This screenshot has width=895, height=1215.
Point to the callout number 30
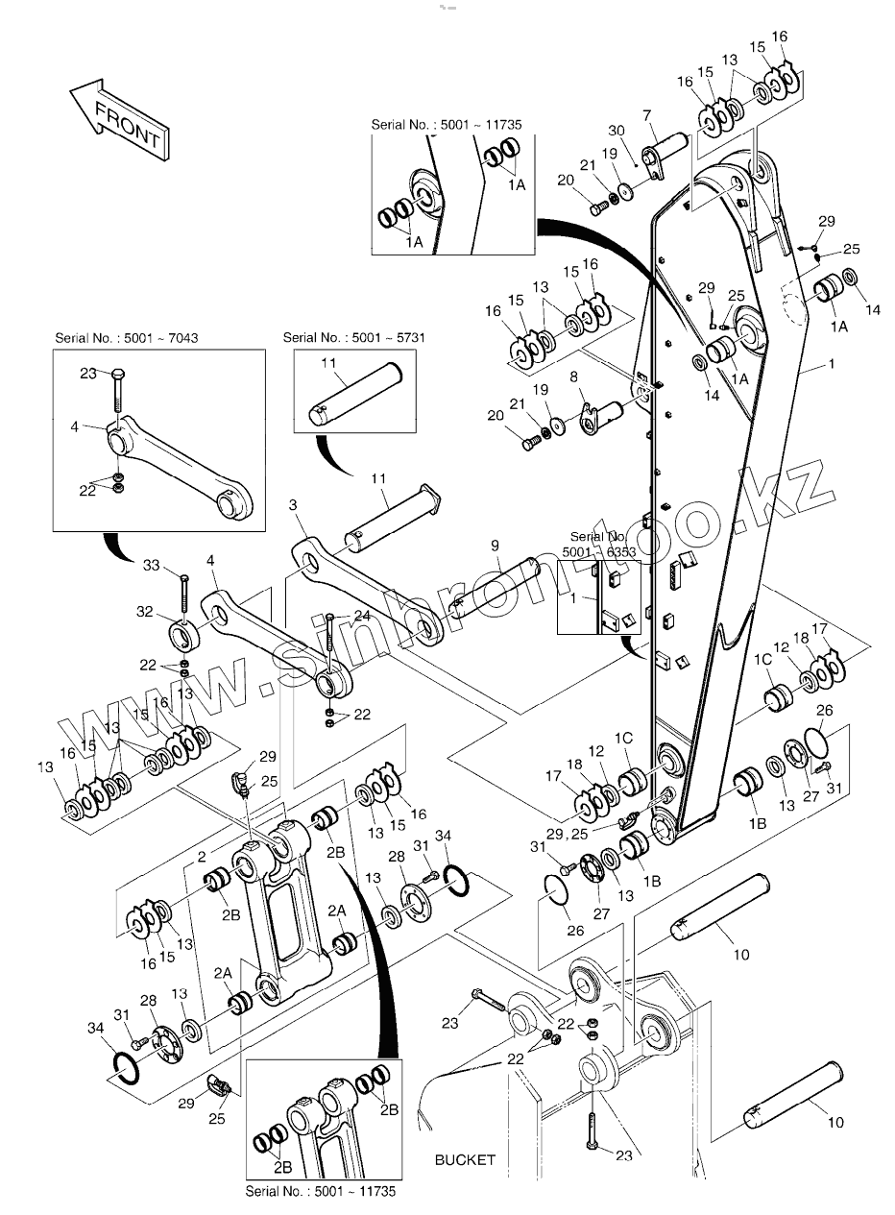coord(617,131)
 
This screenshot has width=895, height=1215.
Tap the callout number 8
coord(574,377)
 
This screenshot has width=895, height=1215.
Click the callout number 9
coord(495,546)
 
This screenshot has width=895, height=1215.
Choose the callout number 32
coord(144,611)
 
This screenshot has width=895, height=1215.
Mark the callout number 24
coord(361,615)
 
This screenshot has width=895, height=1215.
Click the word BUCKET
coord(465,1159)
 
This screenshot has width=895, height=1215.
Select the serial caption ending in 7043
coord(133,337)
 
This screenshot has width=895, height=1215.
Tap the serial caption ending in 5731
coord(342,337)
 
